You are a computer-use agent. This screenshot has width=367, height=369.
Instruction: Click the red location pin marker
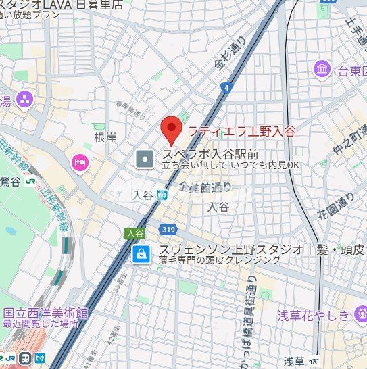(171, 128)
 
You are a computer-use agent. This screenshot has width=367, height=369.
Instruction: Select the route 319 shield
(170, 230)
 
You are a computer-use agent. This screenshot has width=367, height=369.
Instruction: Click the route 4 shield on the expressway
(224, 87)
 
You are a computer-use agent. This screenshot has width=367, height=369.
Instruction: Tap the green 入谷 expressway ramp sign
(134, 232)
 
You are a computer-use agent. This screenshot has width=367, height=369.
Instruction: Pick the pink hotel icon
(80, 163)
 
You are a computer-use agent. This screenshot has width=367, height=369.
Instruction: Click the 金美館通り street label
(205, 187)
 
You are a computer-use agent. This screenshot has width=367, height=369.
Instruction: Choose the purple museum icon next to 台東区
(322, 69)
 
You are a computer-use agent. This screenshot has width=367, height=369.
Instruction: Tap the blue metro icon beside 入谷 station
(161, 195)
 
